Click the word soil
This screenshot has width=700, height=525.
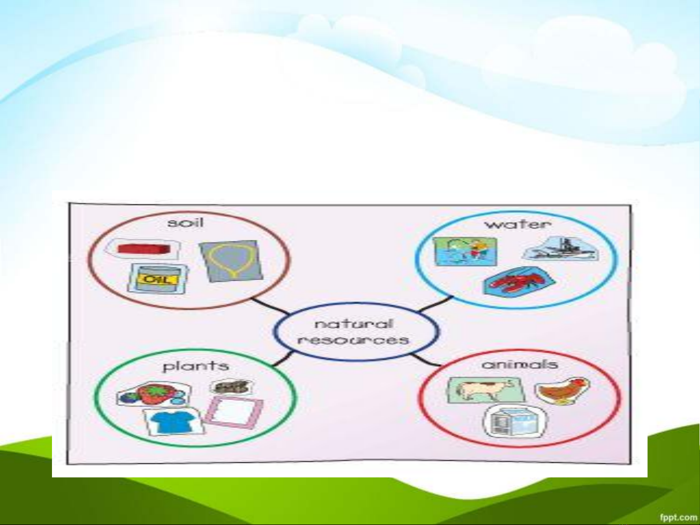click(185, 222)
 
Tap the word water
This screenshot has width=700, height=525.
click(518, 224)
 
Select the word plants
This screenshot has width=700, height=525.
click(196, 366)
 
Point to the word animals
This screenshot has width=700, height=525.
click(520, 364)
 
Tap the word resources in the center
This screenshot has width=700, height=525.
click(353, 340)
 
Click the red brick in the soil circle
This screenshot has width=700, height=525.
click(144, 249)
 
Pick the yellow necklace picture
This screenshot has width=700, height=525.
click(231, 261)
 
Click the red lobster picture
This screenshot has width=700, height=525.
click(519, 281)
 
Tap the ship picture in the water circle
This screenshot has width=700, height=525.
click(561, 249)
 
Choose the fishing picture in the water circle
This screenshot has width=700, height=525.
click(465, 252)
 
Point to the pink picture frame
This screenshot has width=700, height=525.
click(234, 413)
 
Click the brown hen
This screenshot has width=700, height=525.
click(562, 391)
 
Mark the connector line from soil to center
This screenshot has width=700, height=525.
click(271, 306)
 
